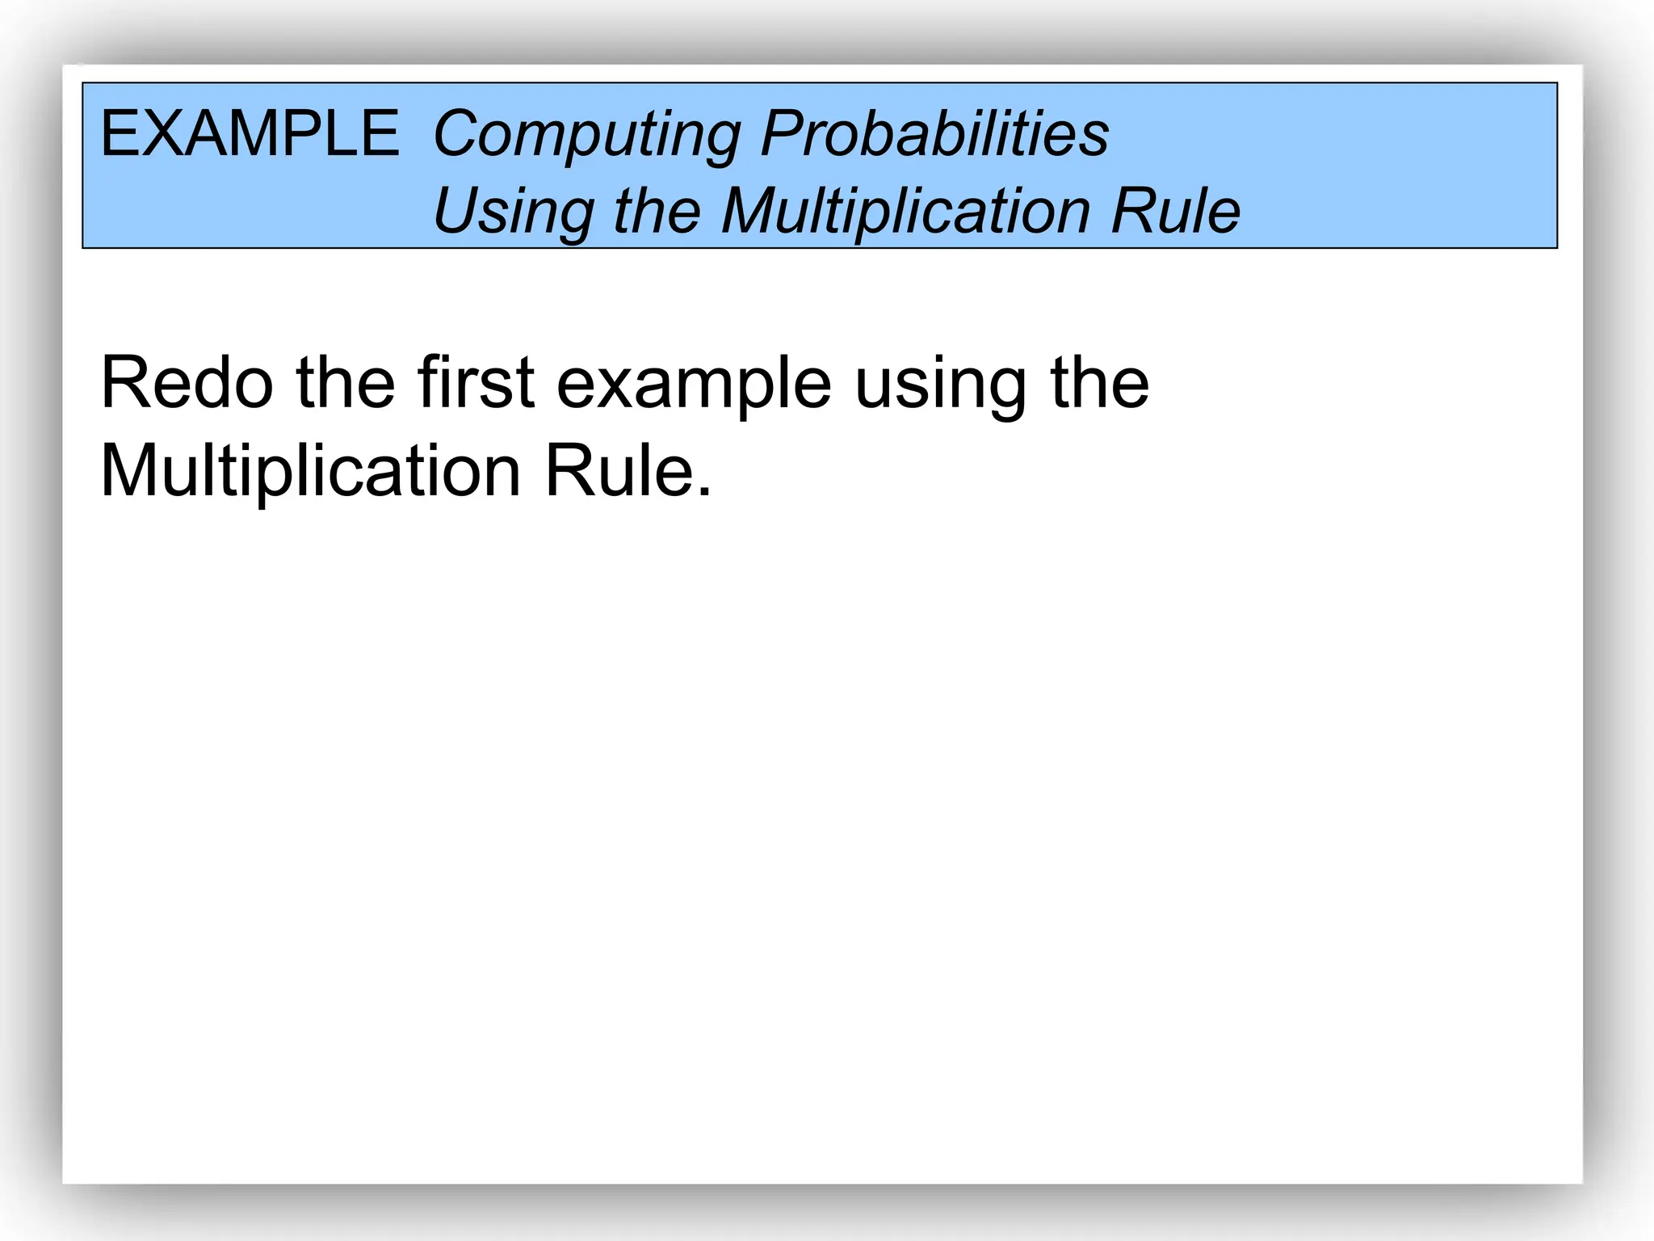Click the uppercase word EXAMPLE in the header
point(249,133)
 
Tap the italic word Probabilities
point(934,133)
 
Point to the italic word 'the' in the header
point(657,211)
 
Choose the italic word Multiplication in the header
point(905,212)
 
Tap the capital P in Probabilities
point(783,133)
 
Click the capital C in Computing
point(456,133)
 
